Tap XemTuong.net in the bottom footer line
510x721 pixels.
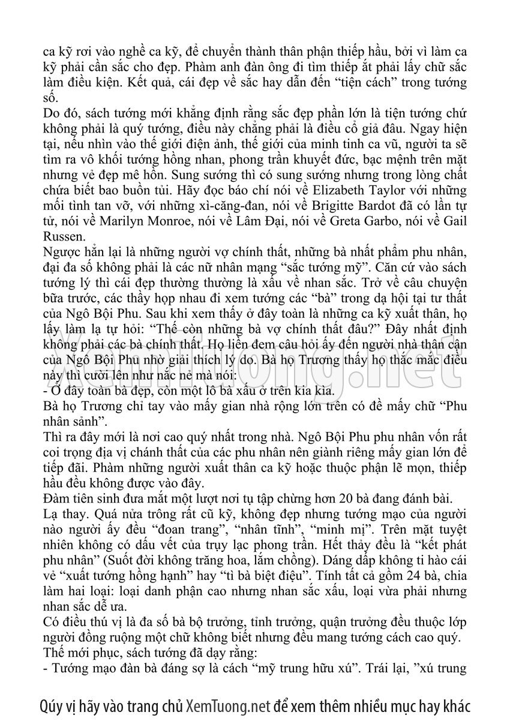click(x=229, y=704)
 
